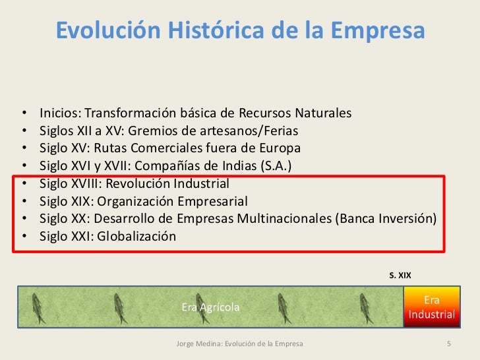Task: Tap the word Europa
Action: (x=280, y=146)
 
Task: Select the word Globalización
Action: (x=136, y=236)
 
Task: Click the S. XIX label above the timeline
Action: (x=400, y=275)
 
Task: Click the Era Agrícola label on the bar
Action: (x=211, y=307)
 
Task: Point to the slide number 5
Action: (x=448, y=345)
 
